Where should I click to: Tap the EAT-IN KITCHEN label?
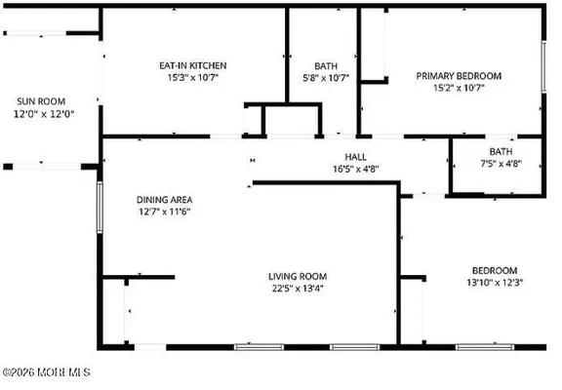point(193,66)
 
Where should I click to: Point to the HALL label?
point(355,157)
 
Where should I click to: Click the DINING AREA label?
point(163,199)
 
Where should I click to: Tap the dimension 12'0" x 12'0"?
point(44,114)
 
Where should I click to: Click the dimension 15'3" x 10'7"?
point(193,79)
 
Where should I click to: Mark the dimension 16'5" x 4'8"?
point(355,169)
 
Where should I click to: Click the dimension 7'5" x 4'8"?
point(501,164)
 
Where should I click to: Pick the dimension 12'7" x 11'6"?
point(163,212)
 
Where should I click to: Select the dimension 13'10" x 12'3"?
point(495,283)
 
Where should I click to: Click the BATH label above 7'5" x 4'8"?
point(501,151)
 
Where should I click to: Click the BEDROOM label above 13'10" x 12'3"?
point(495,270)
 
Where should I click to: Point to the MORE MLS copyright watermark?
point(46,371)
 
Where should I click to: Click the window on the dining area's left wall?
point(99,204)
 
